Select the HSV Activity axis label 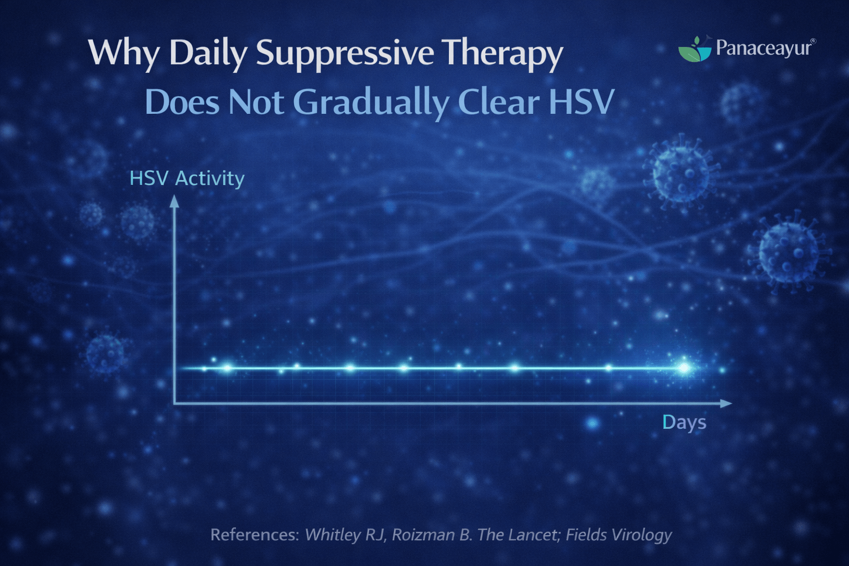(187, 179)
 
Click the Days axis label (684, 422)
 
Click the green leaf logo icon (695, 50)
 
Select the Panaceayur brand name (764, 48)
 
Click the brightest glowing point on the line (684, 368)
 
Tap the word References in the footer (255, 535)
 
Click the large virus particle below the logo (681, 172)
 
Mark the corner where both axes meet (175, 403)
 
